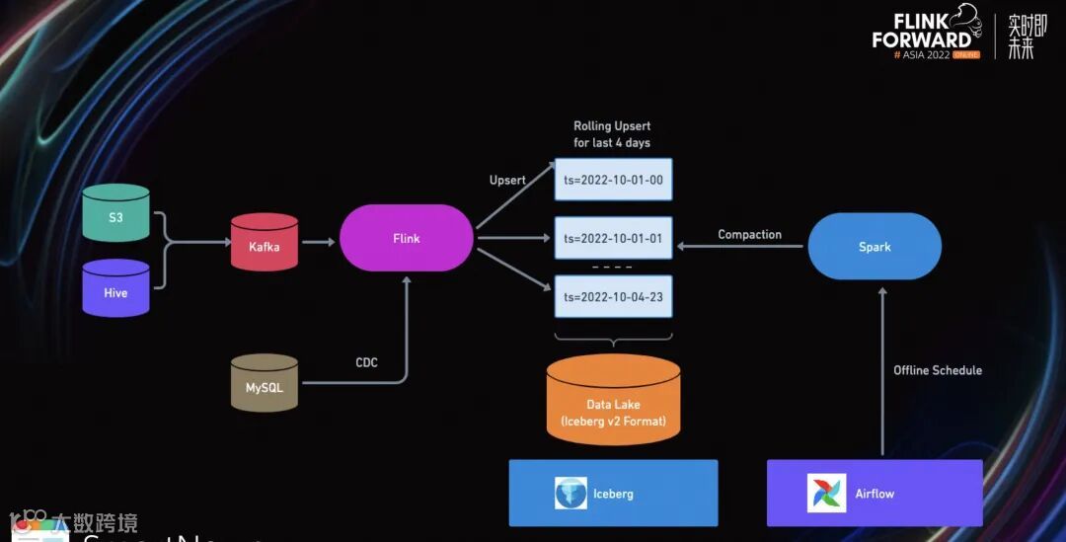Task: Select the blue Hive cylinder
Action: click(x=115, y=288)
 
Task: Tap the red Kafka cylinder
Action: click(x=264, y=243)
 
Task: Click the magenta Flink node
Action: click(x=406, y=238)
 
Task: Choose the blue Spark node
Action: click(x=875, y=246)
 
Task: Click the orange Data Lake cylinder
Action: click(x=613, y=401)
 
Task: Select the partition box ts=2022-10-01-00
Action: click(x=613, y=180)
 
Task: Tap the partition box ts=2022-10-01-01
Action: click(x=613, y=238)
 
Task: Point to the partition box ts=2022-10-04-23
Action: click(x=613, y=296)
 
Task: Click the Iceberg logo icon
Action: click(x=571, y=493)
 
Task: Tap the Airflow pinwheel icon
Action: click(x=826, y=493)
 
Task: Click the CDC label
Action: click(x=366, y=362)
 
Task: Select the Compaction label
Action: click(x=749, y=234)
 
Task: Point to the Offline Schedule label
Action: click(x=938, y=370)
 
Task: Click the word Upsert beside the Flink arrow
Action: click(x=507, y=180)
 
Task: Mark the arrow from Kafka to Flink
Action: click(x=318, y=241)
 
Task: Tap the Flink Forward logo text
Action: click(x=923, y=32)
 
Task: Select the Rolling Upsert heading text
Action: click(x=612, y=134)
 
